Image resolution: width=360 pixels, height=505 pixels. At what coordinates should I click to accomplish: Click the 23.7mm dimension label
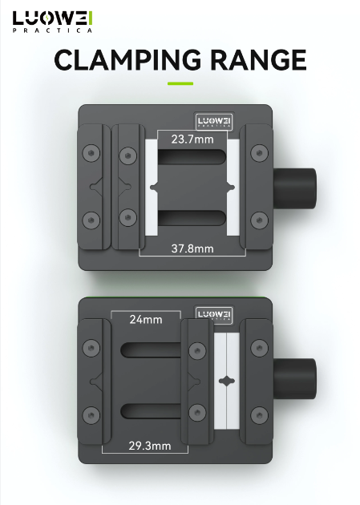[192, 139]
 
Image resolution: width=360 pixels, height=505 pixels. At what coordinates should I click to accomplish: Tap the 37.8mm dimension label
[192, 248]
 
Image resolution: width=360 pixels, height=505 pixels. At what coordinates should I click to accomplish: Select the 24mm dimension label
[146, 320]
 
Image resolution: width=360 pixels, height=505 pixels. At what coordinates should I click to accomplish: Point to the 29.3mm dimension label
[150, 446]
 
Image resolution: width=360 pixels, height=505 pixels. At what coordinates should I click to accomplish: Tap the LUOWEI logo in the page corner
[53, 22]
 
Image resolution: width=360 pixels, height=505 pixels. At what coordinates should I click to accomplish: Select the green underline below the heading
[180, 83]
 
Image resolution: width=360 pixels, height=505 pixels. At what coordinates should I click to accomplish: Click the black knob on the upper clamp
[294, 188]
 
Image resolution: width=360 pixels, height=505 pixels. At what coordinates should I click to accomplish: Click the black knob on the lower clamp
[294, 378]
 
